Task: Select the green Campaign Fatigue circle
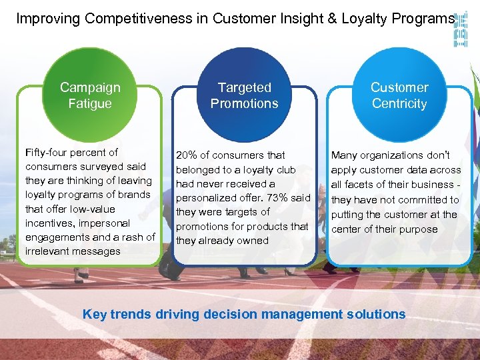click(x=90, y=95)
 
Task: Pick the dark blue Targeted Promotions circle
click(x=244, y=95)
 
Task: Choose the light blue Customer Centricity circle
click(x=399, y=95)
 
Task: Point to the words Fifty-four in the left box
click(x=47, y=153)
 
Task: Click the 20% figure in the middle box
click(x=187, y=155)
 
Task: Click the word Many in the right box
click(x=344, y=155)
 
